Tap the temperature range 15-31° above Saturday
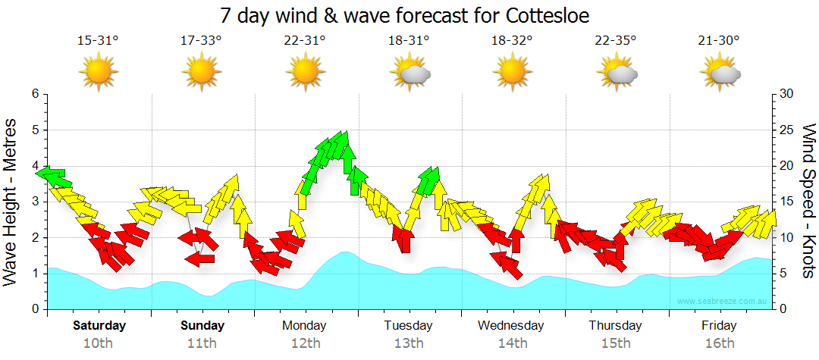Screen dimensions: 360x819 [98, 40]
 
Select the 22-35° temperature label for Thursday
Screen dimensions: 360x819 [616, 40]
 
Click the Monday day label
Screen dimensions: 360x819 [304, 326]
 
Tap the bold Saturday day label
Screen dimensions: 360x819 [99, 326]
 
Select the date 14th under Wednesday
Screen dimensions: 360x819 [513, 343]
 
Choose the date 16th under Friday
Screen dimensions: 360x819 [719, 343]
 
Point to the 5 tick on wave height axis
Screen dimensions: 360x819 [35, 130]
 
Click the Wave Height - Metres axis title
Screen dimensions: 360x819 [12, 201]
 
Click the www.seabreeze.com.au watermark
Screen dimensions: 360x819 [723, 301]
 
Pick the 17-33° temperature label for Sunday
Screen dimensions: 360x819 [201, 40]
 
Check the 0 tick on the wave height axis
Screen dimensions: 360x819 [35, 309]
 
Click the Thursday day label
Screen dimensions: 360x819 [616, 326]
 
